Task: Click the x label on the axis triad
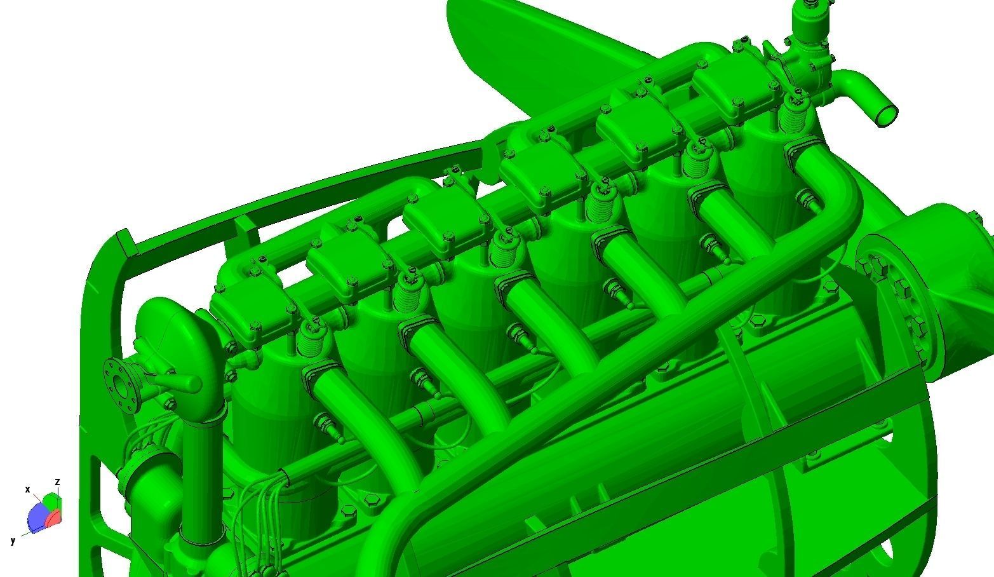(x=28, y=489)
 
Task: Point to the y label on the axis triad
(x=13, y=541)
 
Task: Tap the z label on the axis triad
(x=57, y=482)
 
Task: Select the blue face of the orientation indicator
(x=37, y=517)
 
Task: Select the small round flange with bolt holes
(x=121, y=385)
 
